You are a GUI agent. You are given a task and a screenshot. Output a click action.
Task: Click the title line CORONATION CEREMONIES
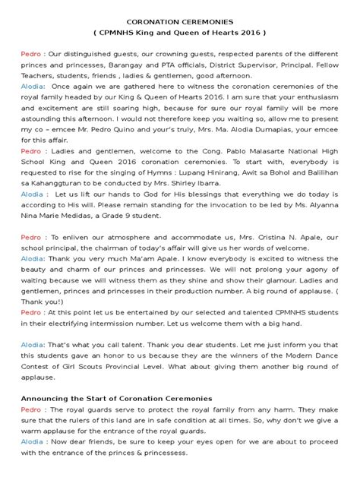pyautogui.click(x=180, y=23)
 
